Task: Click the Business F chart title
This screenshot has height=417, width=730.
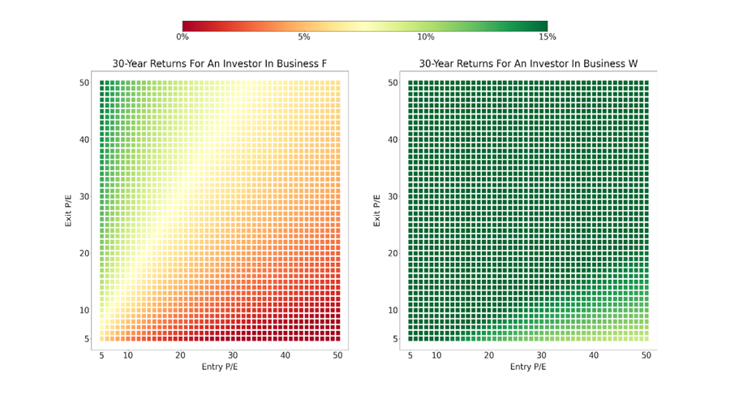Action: [x=219, y=64]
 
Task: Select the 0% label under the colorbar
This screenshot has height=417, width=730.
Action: [x=182, y=37]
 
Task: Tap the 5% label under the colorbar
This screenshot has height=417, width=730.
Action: [x=304, y=37]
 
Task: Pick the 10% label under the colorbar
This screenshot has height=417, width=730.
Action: [x=426, y=37]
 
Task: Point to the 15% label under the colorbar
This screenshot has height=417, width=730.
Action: [x=547, y=37]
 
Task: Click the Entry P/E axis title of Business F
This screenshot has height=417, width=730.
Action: [x=220, y=367]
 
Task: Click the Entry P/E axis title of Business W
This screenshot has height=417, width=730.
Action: [x=528, y=367]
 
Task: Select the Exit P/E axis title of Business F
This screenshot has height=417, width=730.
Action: [x=69, y=210]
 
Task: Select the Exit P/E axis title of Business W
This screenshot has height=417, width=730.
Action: [x=377, y=210]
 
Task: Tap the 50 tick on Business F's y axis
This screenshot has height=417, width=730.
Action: [x=84, y=83]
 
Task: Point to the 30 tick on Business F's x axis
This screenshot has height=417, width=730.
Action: [x=233, y=355]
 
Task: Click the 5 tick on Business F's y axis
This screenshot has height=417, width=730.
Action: [x=88, y=338]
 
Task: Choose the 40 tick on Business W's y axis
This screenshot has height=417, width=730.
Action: [x=393, y=140]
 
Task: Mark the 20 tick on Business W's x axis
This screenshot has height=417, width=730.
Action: [x=488, y=355]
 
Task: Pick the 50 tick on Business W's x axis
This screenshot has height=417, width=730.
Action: [x=646, y=355]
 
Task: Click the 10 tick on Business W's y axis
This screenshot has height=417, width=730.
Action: [x=393, y=310]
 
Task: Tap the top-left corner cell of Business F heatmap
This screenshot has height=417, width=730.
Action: [x=102, y=83]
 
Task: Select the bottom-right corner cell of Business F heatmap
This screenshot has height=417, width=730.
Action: [x=337, y=337]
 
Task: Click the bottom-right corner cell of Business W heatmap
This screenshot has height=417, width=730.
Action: [x=646, y=337]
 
